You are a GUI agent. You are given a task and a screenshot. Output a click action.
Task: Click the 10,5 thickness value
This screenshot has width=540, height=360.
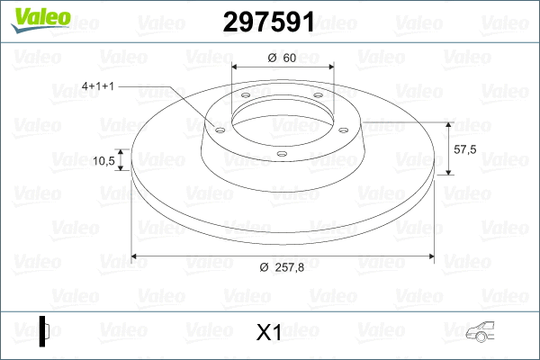pyautogui.click(x=104, y=161)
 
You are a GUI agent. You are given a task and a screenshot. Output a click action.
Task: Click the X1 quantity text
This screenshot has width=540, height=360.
pyautogui.click(x=270, y=333)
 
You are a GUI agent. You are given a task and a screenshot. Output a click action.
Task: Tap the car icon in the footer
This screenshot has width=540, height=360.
pyautogui.click(x=486, y=332)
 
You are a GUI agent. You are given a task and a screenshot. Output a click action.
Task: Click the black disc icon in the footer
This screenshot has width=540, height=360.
pyautogui.click(x=45, y=330)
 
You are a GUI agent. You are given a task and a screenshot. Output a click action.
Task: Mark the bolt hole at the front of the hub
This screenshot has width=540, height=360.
pyautogui.click(x=281, y=154)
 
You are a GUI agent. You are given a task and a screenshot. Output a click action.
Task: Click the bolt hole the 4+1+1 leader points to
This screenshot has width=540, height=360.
pyautogui.click(x=219, y=129)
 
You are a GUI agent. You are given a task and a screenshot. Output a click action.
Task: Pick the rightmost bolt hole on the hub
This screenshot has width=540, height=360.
pyautogui.click(x=343, y=129)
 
